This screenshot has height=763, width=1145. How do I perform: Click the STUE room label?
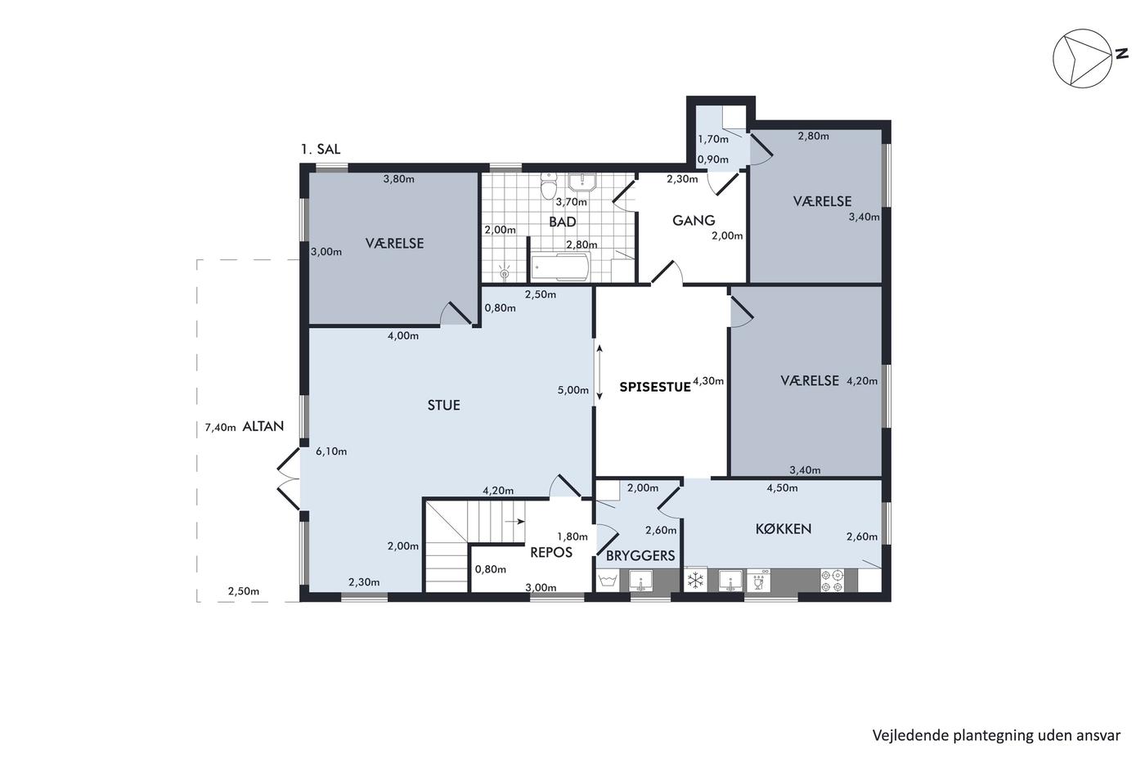pyautogui.click(x=443, y=406)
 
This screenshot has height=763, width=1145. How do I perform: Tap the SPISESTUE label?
pyautogui.click(x=655, y=387)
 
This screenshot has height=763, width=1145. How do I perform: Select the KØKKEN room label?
pyautogui.click(x=784, y=529)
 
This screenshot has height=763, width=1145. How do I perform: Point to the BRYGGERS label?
pyautogui.click(x=640, y=555)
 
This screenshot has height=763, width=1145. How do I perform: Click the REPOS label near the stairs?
pyautogui.click(x=551, y=553)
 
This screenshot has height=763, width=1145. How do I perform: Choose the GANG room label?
pyautogui.click(x=694, y=220)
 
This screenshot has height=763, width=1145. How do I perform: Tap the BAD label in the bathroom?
pyautogui.click(x=563, y=222)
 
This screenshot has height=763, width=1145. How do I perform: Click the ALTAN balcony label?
pyautogui.click(x=263, y=426)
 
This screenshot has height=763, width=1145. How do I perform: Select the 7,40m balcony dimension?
pyautogui.click(x=220, y=427)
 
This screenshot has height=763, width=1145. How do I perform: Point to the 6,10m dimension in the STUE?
pyautogui.click(x=331, y=451)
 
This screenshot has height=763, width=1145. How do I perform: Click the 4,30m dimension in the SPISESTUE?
pyautogui.click(x=708, y=381)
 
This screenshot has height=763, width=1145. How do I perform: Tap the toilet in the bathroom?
pyautogui.click(x=549, y=186)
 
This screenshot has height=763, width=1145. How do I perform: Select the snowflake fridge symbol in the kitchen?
pyautogui.click(x=695, y=580)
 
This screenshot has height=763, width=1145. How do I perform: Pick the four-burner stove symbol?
pyautogui.click(x=832, y=581)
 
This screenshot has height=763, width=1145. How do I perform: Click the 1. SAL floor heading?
pyautogui.click(x=321, y=149)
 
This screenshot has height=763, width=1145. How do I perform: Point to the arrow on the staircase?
pyautogui.click(x=514, y=522)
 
